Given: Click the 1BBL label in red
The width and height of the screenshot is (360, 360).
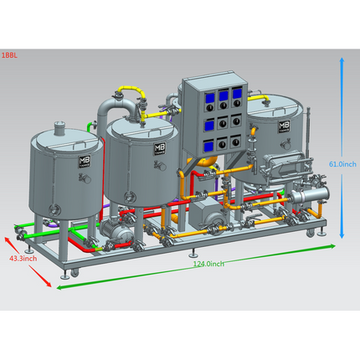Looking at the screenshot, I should click(x=9, y=55).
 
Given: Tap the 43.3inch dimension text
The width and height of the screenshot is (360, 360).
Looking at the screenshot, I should click(x=23, y=259).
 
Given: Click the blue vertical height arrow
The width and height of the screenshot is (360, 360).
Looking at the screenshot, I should click(x=342, y=117).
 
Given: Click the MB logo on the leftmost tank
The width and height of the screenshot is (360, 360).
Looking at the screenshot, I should click(x=83, y=162).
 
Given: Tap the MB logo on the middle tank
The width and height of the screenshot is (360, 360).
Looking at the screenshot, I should click(x=158, y=148).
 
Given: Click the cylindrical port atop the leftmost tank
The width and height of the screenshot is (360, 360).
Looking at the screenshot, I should click(x=59, y=127).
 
